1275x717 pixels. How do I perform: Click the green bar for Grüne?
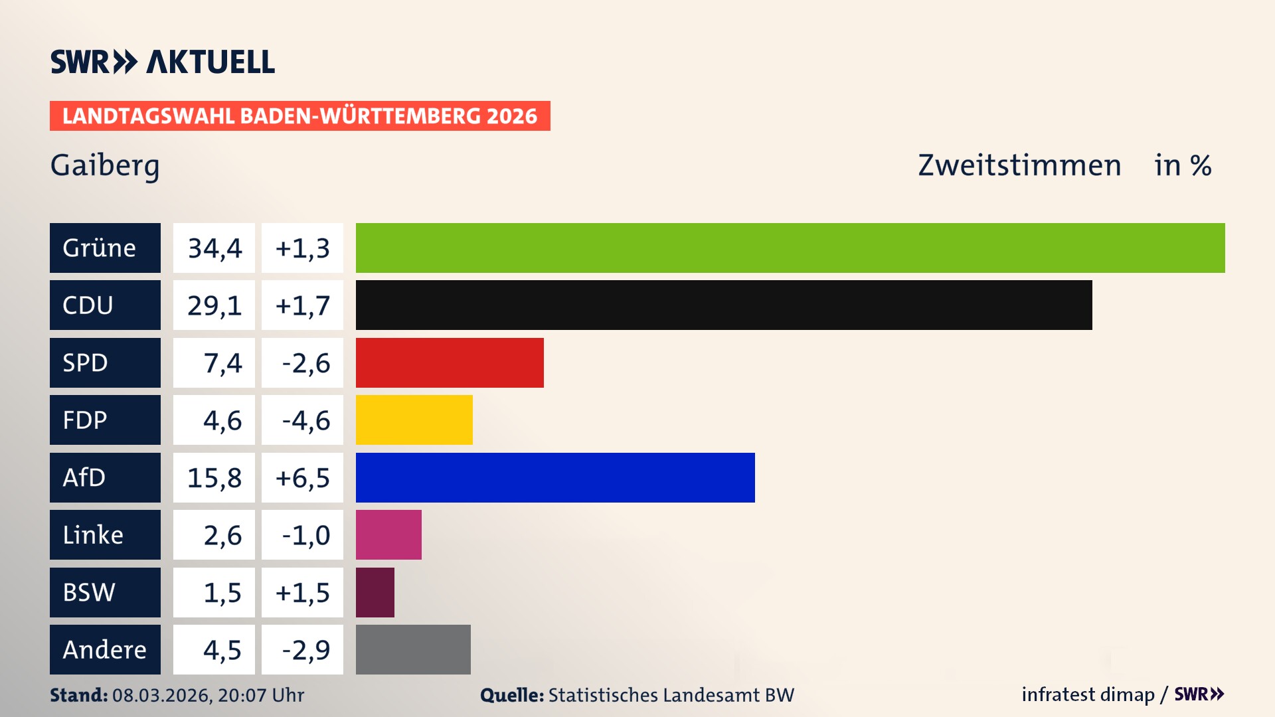click(790, 248)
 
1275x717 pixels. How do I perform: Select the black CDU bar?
click(724, 305)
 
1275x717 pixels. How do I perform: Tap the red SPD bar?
click(450, 362)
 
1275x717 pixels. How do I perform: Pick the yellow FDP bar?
click(414, 420)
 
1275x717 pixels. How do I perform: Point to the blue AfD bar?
click(555, 477)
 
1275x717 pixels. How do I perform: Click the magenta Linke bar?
click(388, 535)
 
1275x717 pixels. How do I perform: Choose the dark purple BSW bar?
click(375, 592)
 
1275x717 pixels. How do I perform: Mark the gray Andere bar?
click(413, 649)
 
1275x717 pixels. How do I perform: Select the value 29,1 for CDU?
click(214, 305)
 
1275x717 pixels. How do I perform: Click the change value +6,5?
click(302, 477)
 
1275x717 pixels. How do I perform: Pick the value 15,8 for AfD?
click(214, 477)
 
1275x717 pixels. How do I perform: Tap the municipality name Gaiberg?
click(105, 165)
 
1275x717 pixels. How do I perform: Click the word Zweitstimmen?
click(1019, 165)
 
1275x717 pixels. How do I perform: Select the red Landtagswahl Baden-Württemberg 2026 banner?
click(299, 116)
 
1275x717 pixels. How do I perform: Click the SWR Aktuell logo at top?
click(163, 62)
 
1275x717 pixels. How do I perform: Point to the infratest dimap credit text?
click(1088, 694)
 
